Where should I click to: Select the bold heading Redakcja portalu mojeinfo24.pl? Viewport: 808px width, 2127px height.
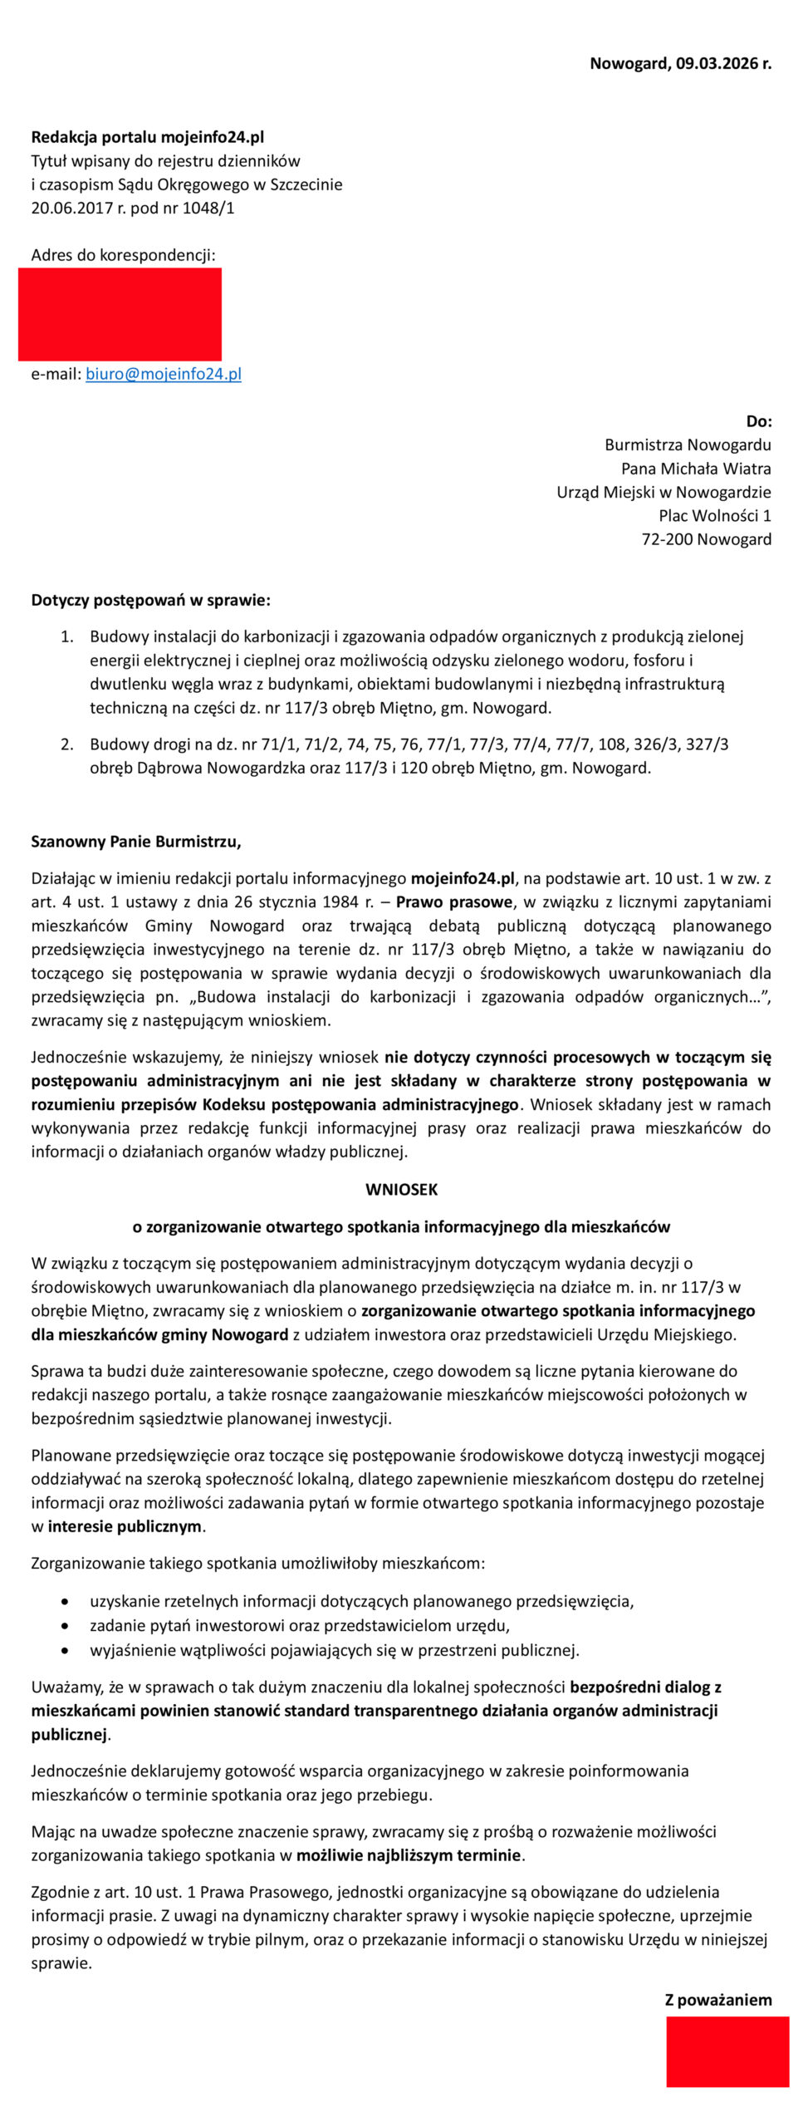tap(148, 137)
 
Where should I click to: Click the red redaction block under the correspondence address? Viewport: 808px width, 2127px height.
tap(120, 314)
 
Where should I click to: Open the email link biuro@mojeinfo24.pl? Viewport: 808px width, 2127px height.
tap(164, 374)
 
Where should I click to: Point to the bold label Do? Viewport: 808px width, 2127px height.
tap(759, 421)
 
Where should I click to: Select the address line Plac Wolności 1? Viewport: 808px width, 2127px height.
tap(715, 515)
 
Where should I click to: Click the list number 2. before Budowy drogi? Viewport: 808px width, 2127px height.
tap(67, 744)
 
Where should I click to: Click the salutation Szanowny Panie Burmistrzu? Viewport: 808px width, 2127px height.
tap(136, 841)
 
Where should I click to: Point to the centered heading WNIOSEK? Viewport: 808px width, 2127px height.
tap(401, 1189)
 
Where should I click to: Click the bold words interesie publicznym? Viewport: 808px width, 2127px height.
tap(125, 1525)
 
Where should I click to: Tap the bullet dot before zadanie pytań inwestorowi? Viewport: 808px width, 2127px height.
tap(65, 1625)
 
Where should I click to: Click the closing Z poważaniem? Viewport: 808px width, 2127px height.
tap(718, 2000)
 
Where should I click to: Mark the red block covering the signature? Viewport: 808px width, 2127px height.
tap(727, 2051)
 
